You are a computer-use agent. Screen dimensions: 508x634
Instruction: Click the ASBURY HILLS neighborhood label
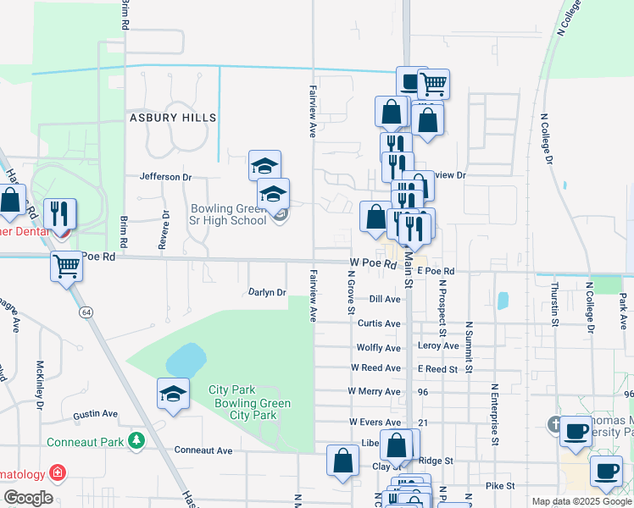[x=172, y=118]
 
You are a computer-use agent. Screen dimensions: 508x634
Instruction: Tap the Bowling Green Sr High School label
[x=228, y=214]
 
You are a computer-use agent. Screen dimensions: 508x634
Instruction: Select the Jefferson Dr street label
[x=166, y=177]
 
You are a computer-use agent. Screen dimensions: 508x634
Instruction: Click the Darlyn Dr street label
[x=267, y=292]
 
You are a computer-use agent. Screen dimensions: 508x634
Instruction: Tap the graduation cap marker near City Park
[x=173, y=394]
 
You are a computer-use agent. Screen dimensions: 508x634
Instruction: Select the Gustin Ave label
[x=95, y=414]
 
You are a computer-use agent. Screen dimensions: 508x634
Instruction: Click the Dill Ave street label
[x=385, y=299]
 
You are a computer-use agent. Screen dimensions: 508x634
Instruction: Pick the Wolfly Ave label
[x=378, y=348]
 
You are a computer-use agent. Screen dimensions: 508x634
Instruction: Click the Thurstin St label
[x=556, y=305]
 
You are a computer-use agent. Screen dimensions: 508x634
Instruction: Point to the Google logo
[x=28, y=498]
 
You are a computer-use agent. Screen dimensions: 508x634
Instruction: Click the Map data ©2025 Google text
[x=581, y=501]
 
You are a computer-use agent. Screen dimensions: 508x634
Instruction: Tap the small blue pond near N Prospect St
[x=503, y=301]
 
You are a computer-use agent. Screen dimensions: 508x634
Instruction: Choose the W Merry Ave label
[x=374, y=392]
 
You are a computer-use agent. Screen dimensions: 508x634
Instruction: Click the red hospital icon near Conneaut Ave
[x=57, y=472]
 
